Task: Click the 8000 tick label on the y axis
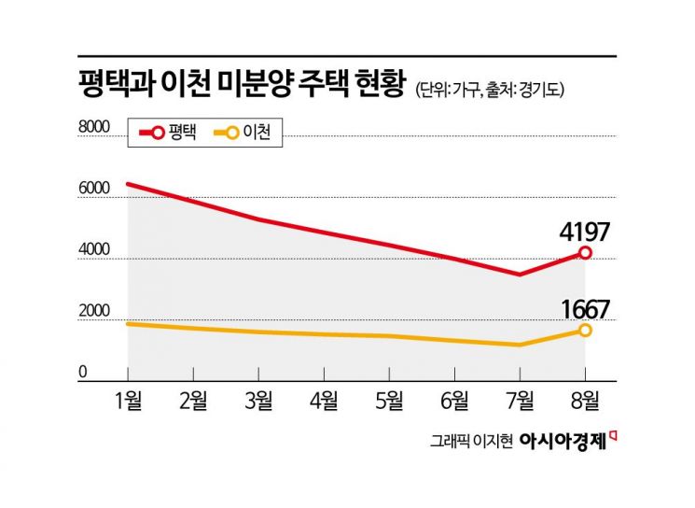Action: [x=94, y=127]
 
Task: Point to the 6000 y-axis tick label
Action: [x=94, y=189]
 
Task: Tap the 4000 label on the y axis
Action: [x=94, y=250]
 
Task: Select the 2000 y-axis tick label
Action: [x=94, y=312]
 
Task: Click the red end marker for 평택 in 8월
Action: [x=585, y=253]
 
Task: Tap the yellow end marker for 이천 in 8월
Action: [x=585, y=331]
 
